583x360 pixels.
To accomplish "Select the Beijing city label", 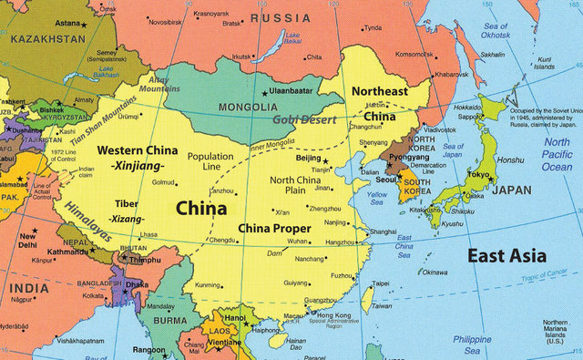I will (x=310, y=158).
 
